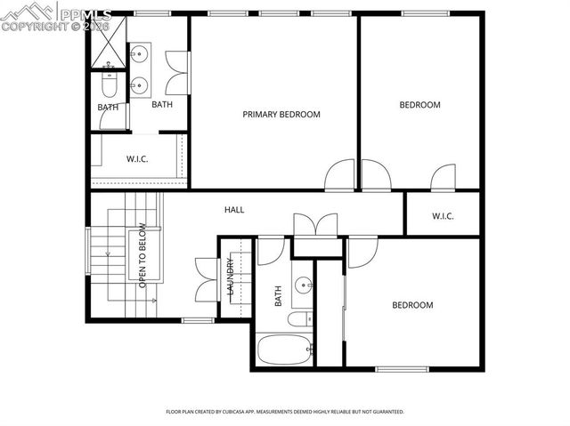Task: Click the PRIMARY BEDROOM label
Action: (x=281, y=115)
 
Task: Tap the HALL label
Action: (x=234, y=210)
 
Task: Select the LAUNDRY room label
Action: (x=231, y=277)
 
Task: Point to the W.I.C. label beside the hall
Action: (x=443, y=215)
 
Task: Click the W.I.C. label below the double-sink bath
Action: (x=136, y=160)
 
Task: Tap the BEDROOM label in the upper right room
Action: (x=419, y=105)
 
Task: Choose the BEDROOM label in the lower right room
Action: (x=412, y=305)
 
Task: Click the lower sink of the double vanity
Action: (x=138, y=85)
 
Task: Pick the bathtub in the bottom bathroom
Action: (x=284, y=350)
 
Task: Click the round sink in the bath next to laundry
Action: (x=303, y=286)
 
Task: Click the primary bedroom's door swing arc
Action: (x=339, y=175)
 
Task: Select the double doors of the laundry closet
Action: (x=204, y=279)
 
